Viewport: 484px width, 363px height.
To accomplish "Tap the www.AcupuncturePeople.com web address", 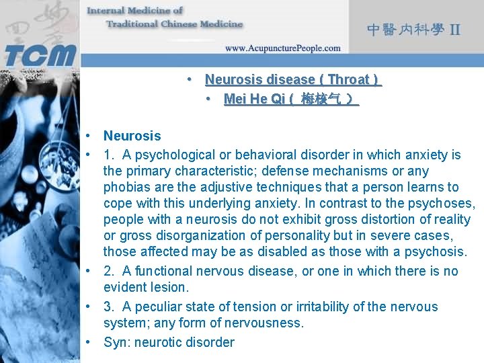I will click(282, 48).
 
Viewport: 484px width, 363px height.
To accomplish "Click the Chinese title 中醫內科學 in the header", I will click(405, 30).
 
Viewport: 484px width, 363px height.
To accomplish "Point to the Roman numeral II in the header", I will click(455, 30).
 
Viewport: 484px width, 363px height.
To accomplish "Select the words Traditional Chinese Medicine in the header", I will click(174, 24).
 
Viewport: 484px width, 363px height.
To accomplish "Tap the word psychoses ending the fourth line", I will click(443, 203).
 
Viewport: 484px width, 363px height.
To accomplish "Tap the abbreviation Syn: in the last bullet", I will click(117, 342).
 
